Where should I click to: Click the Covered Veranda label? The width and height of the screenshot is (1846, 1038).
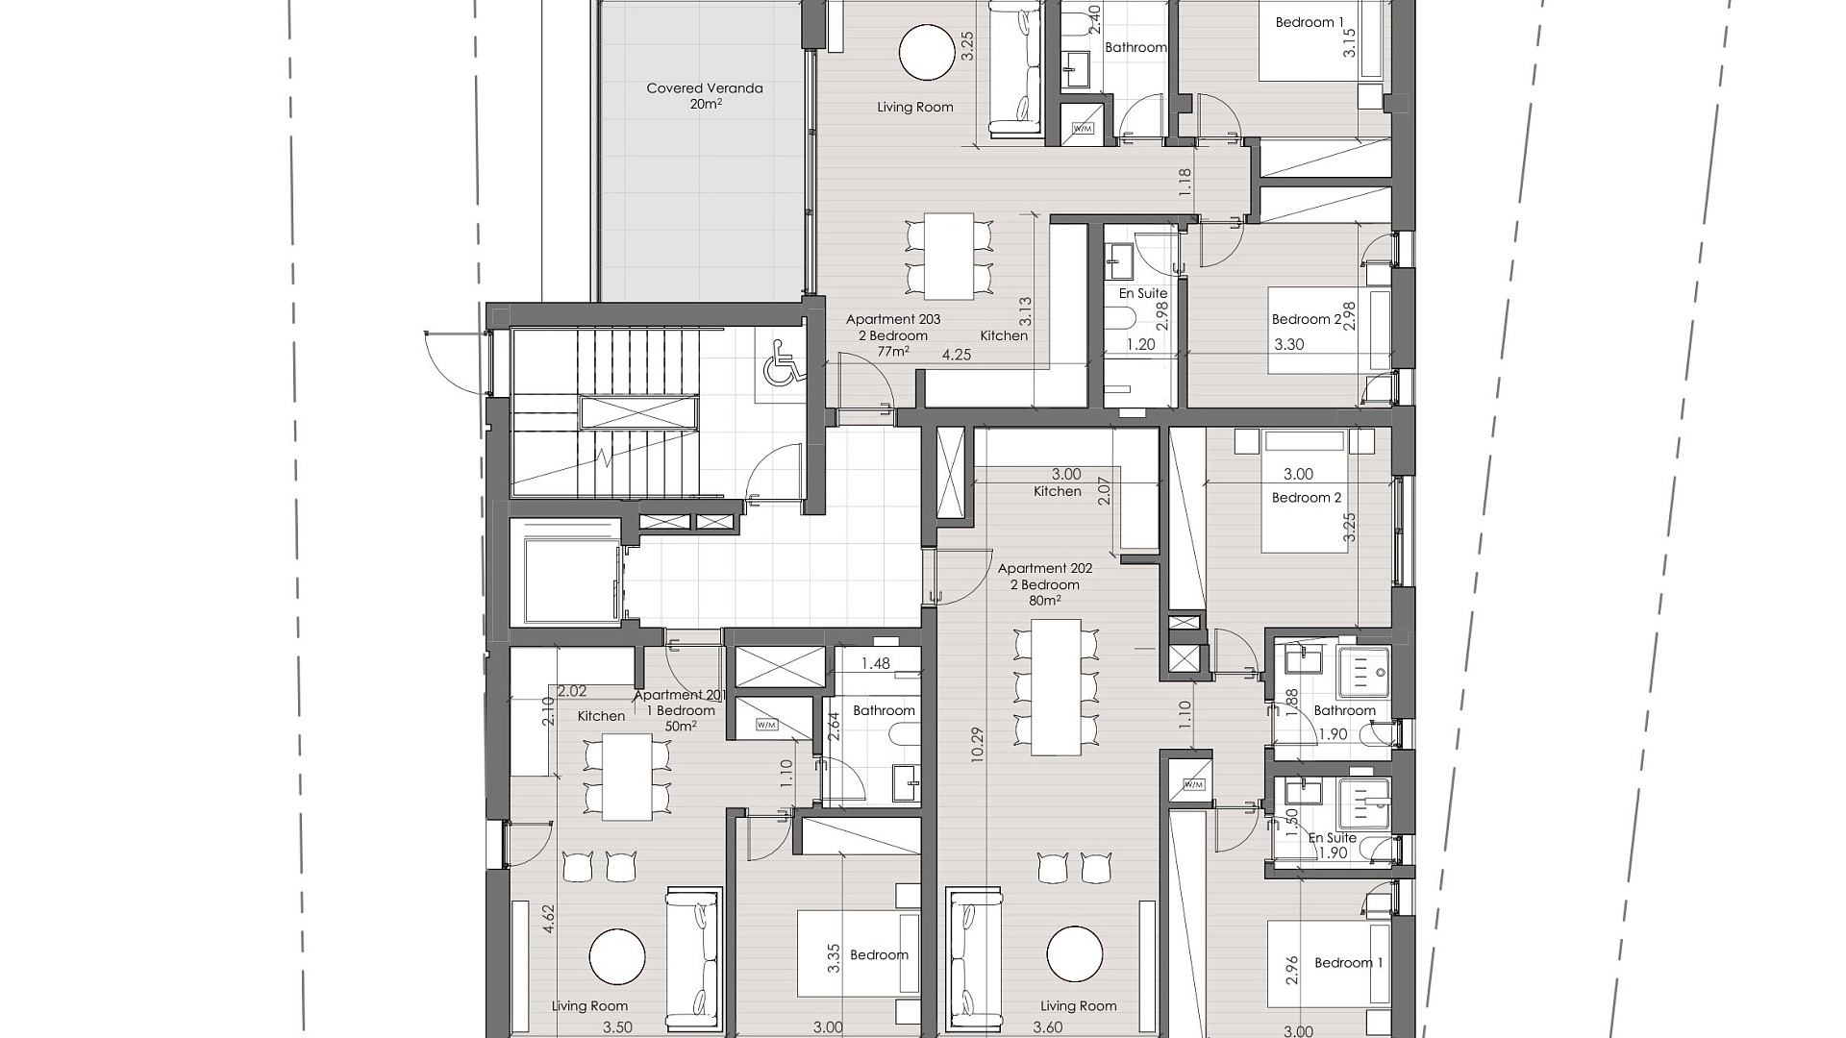705,88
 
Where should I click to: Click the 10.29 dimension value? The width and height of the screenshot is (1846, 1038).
977,745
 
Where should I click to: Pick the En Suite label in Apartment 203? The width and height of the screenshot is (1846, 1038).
1143,293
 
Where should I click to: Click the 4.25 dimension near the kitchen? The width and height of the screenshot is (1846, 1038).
957,355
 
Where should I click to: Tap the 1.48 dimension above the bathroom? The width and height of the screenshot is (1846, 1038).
876,663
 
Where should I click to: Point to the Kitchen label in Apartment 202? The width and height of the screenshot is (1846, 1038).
1058,491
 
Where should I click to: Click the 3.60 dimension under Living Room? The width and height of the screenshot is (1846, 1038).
1047,1027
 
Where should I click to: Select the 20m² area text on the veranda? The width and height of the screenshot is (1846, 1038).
705,104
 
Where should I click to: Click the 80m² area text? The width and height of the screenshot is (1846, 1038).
1045,601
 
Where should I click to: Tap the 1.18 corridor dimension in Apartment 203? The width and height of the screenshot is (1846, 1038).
1185,183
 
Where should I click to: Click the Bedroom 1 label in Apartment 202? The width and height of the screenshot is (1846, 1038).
1349,962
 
